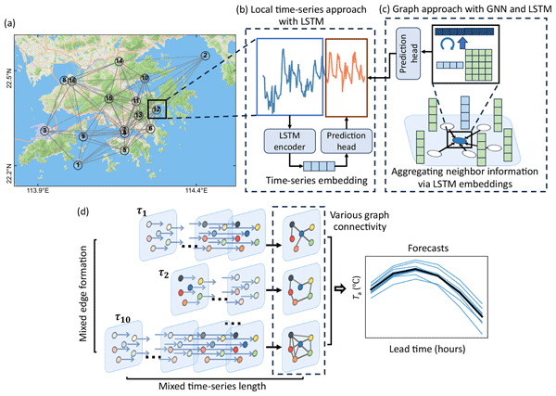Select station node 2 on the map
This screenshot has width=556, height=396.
coord(203,56)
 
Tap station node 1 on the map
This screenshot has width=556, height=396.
coord(78,165)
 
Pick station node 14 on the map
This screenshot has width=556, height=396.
coord(119,61)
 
